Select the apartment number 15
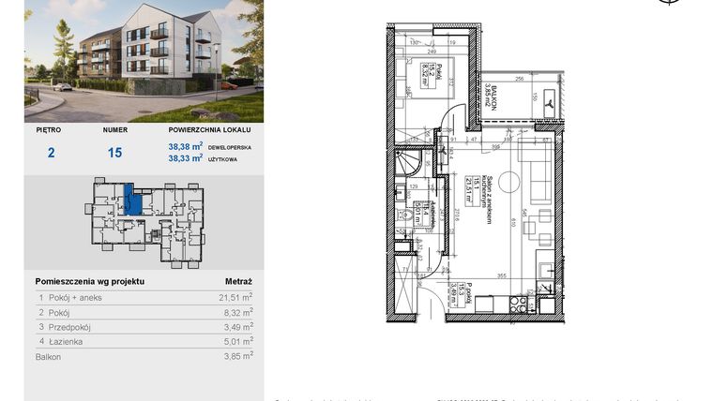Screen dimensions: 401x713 coord(114,153)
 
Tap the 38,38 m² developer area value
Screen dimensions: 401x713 coord(186,147)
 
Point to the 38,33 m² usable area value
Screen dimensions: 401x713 coord(186,158)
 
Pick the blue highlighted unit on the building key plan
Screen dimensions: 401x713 coord(134,200)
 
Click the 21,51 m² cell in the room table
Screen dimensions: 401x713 coord(235,297)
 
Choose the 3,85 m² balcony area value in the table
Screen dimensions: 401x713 coord(237,357)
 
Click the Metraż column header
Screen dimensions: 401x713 coord(238,281)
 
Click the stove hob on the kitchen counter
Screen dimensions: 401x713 coord(515,304)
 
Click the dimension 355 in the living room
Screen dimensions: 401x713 coord(502,275)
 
